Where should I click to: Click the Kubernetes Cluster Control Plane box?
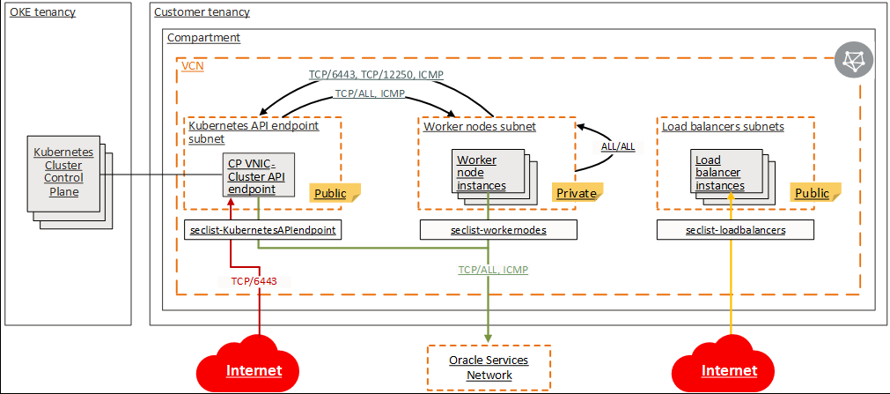pyautogui.click(x=63, y=172)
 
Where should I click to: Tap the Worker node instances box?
pyautogui.click(x=482, y=173)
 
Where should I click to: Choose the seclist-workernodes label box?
pyautogui.click(x=498, y=230)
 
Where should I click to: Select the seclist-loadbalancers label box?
pyautogui.click(x=735, y=230)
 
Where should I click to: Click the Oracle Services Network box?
pyautogui.click(x=489, y=368)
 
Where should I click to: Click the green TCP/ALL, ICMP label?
pyautogui.click(x=493, y=270)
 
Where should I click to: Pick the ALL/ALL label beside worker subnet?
pyautogui.click(x=617, y=147)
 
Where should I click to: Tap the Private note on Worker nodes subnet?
pyautogui.click(x=577, y=193)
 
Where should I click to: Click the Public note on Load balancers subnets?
pyautogui.click(x=812, y=193)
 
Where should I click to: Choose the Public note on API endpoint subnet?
pyautogui.click(x=331, y=193)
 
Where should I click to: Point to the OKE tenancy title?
pyautogui.click(x=42, y=12)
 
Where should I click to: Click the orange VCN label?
pyautogui.click(x=192, y=65)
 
